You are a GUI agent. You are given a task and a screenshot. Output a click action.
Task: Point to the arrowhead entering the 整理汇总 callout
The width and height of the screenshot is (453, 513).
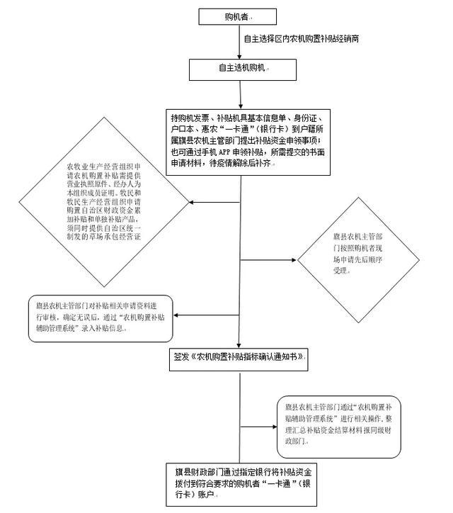pyautogui.click(x=274, y=425)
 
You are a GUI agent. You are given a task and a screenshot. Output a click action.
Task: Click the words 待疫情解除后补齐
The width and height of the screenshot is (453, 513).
pyautogui.click(x=248, y=163)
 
